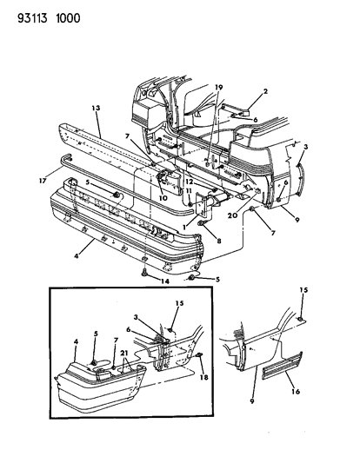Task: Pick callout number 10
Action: [163, 196]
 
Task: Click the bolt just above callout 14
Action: [142, 271]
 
